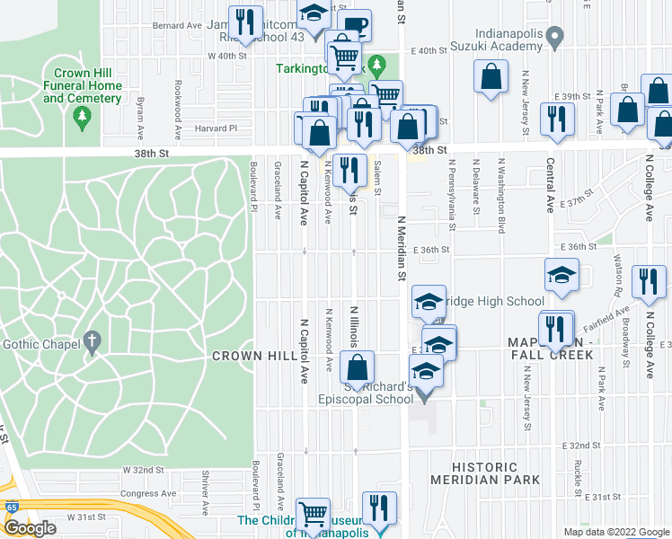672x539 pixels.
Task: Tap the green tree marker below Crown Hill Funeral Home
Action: [x=83, y=116]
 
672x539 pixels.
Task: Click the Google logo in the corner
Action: [x=30, y=529]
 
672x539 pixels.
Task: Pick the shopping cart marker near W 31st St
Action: [x=313, y=516]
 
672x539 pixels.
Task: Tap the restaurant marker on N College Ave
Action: [x=645, y=282]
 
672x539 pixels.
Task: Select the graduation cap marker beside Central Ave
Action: [x=561, y=275]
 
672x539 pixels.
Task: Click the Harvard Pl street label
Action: [x=219, y=128]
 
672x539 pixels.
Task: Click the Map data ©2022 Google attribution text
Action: [x=615, y=532]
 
